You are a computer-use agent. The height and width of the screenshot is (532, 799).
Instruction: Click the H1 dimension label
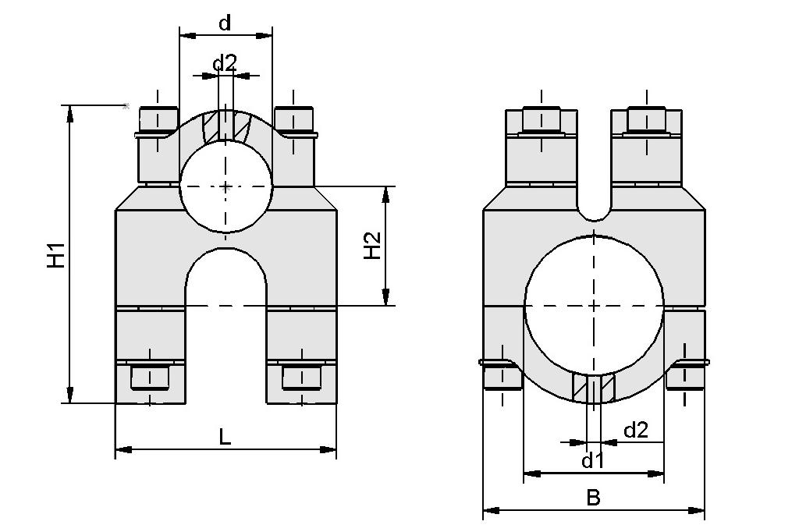pos(55,256)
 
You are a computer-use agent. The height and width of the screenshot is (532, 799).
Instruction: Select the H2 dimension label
pos(372,246)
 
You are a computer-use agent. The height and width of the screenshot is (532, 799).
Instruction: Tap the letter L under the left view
pos(225,437)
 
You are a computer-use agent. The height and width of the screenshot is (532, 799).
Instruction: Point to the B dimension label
pos(593,498)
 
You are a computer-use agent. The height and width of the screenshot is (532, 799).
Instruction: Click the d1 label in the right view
pos(593,461)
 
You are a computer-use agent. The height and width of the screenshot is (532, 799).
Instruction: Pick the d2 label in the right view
pos(635,430)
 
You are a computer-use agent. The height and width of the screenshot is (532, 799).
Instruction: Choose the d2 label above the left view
pos(225,63)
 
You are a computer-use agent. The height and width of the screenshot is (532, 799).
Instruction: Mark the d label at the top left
pos(225,23)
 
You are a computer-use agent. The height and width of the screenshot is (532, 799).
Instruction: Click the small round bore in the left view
pos(225,187)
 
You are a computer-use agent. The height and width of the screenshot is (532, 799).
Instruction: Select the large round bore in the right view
pos(594,305)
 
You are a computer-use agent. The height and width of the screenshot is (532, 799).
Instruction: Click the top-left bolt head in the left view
pos(158,119)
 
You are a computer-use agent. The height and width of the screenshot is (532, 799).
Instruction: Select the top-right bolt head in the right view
pos(646,119)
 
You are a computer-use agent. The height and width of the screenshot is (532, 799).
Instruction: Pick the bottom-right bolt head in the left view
pos(300,378)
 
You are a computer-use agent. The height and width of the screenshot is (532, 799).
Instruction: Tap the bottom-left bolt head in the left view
pos(150,378)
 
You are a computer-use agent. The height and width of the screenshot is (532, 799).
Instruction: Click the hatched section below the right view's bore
pos(594,388)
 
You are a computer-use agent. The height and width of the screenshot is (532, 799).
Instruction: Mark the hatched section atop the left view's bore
pos(225,125)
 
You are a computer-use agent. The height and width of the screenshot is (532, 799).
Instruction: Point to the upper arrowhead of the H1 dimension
pos(70,113)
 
